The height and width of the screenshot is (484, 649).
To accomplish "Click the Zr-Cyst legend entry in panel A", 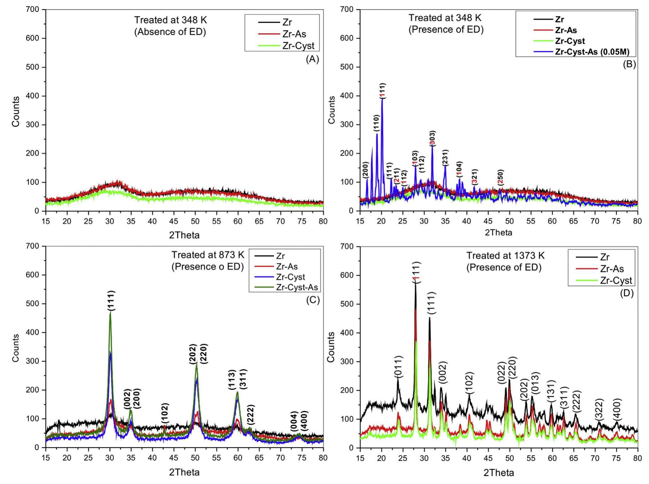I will click(298, 46).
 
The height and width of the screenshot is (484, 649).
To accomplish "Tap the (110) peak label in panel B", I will click(377, 123).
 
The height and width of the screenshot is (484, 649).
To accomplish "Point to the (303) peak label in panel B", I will click(432, 138).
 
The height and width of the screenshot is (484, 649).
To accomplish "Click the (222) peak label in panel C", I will click(251, 414).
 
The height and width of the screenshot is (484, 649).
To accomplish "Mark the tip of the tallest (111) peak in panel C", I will click(110, 312).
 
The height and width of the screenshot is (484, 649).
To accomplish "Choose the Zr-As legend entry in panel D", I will click(612, 269).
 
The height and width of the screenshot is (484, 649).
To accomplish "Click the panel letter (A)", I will click(313, 59).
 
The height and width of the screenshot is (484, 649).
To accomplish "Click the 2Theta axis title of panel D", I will click(498, 473).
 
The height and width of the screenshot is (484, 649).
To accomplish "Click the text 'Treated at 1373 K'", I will click(505, 256).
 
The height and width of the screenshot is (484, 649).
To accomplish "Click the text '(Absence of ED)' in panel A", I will click(170, 32).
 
